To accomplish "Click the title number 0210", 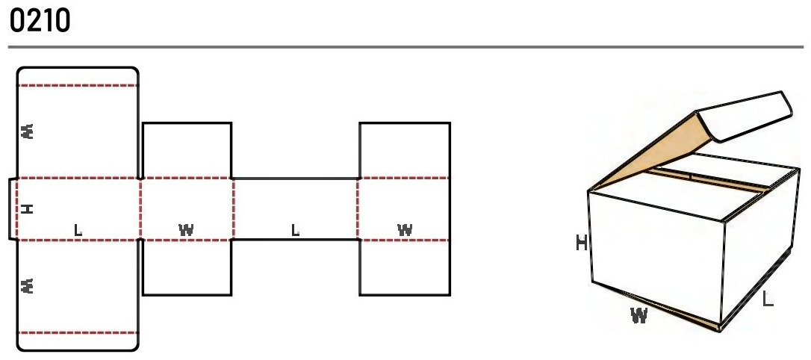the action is coord(40,21).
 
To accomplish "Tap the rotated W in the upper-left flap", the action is coord(28,131).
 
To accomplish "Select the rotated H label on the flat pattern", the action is coord(28,208).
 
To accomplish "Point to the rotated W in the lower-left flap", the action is coord(28,285).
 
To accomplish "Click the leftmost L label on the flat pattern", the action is coord(78,229).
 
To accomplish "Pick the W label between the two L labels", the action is coord(186,229).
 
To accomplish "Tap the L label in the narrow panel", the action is coord(295,229).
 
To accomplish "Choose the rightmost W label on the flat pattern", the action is coord(405,229).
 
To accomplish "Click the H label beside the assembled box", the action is coord(582,242).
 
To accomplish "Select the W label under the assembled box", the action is coord(639,315).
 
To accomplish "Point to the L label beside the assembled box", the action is coord(768,299).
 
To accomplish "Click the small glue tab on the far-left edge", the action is coord(13,209).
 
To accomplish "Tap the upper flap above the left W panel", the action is coord(187,151).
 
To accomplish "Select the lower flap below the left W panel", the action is coord(187,267).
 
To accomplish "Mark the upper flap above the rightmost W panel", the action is coord(405,151).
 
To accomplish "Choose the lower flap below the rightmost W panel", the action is coord(405,267).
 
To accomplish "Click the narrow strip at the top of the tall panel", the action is coord(78,76).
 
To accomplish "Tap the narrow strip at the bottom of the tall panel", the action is coord(78,342).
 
